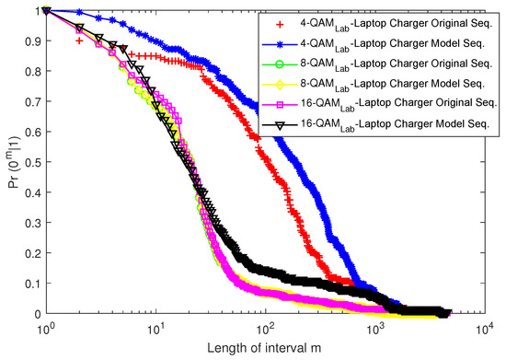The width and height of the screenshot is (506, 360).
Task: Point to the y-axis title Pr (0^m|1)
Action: click(x=10, y=163)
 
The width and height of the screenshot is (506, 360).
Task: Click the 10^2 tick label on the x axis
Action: click(x=266, y=329)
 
